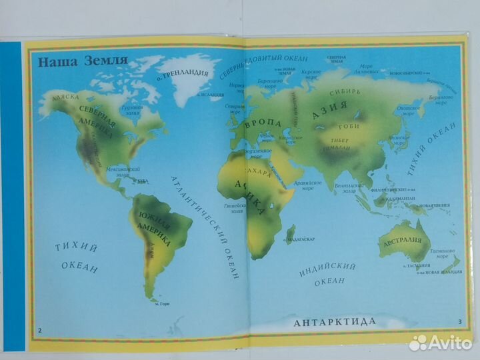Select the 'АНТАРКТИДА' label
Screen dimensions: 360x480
click(x=335, y=322)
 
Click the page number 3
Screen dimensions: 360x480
click(x=459, y=323)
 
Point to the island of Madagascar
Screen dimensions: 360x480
click(x=290, y=234)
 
